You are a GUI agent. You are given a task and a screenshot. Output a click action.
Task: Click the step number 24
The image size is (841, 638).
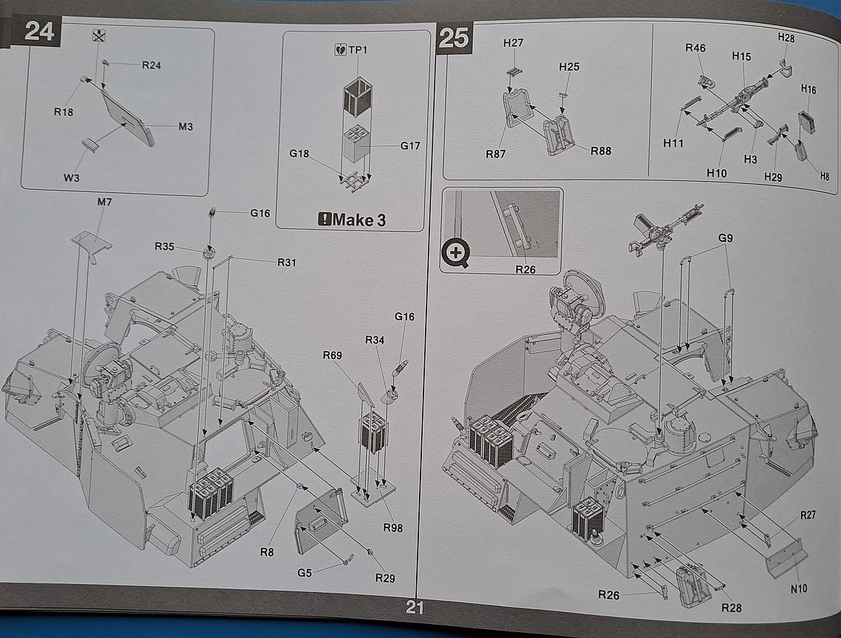point(40,31)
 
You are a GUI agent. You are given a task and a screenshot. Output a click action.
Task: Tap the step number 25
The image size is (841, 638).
point(454,37)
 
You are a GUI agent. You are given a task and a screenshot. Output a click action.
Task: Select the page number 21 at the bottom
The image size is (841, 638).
point(415,608)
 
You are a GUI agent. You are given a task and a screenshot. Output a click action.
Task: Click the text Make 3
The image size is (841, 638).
point(359,219)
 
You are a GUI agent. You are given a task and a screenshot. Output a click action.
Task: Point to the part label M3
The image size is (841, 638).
point(185,127)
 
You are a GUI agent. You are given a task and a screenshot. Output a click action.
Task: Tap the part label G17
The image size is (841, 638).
point(409,145)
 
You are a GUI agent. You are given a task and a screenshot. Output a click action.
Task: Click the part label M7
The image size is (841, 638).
point(104,203)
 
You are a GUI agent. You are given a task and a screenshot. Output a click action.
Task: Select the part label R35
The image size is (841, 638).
point(165,246)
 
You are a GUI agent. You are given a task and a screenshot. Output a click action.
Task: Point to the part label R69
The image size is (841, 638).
point(332,355)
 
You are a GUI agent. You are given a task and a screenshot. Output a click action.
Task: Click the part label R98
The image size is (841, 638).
point(393,527)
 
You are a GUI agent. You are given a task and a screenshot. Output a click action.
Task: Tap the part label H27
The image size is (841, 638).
point(513,43)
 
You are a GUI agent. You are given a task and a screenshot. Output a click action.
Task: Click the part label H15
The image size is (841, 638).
point(741,56)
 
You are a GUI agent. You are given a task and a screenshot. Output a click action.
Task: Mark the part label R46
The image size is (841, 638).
point(695,48)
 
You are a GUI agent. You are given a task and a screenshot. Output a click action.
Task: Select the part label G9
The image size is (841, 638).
point(725,238)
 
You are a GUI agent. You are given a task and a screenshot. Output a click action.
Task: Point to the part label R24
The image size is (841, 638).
point(151,65)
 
